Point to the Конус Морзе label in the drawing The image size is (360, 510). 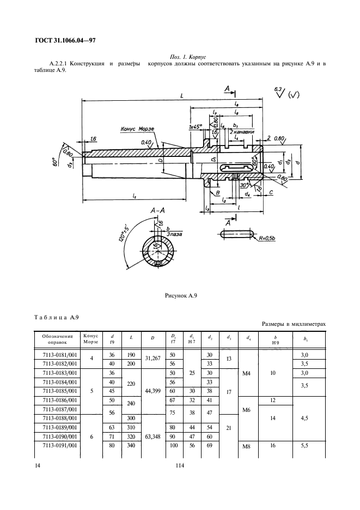(138, 130)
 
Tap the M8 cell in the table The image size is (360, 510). (246, 447)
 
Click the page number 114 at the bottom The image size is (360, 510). (180, 466)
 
